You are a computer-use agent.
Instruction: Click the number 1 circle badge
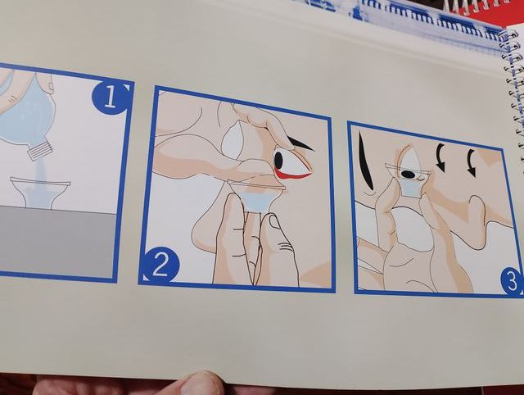pos(110,97)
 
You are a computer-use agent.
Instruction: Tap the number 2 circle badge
pos(160,265)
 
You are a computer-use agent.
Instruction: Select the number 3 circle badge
pos(511,281)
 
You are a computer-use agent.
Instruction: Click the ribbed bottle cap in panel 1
pos(41,150)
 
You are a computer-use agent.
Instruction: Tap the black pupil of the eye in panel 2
pos(278,160)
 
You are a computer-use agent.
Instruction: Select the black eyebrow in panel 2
pos(300,143)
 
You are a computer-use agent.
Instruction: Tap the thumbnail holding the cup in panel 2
pos(275,223)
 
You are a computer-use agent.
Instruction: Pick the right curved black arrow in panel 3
pos(472,162)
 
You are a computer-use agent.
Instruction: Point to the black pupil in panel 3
pos(408,175)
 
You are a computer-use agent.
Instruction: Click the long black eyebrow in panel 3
pos(364,160)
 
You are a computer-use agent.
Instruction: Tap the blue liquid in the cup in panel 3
pos(411,190)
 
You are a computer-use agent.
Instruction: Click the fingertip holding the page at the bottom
pos(197,384)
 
